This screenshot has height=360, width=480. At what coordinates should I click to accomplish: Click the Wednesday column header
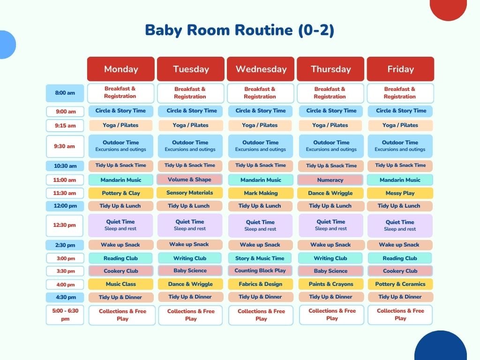click(x=261, y=69)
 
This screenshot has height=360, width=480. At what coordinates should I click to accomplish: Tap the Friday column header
click(x=400, y=69)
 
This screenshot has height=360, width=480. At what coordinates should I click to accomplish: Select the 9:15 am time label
click(x=65, y=126)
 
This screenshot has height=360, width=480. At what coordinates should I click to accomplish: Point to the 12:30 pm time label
click(x=65, y=225)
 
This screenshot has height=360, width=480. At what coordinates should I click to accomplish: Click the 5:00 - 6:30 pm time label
click(x=65, y=315)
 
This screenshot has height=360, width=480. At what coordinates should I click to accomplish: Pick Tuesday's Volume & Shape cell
click(x=189, y=180)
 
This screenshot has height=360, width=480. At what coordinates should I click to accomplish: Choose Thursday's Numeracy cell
click(x=330, y=180)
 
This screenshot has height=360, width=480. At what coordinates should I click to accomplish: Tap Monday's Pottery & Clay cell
click(x=121, y=193)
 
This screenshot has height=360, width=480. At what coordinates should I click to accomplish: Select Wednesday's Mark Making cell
click(x=261, y=193)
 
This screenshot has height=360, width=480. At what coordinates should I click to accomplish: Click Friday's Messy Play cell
click(x=400, y=193)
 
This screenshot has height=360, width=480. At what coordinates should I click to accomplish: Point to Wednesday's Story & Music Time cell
click(x=260, y=258)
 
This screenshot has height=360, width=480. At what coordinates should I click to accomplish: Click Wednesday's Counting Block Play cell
click(x=260, y=270)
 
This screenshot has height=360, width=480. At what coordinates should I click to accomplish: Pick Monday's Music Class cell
click(x=121, y=284)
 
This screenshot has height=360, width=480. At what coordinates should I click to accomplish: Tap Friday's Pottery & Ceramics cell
click(x=400, y=284)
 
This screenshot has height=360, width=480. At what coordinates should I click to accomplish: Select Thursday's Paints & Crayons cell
click(x=331, y=284)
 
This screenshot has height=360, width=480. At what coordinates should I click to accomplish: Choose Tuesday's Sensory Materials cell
click(x=189, y=193)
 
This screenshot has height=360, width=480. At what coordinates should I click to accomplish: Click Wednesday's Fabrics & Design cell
click(x=261, y=284)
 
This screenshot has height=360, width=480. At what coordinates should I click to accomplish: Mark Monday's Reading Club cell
click(x=120, y=258)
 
